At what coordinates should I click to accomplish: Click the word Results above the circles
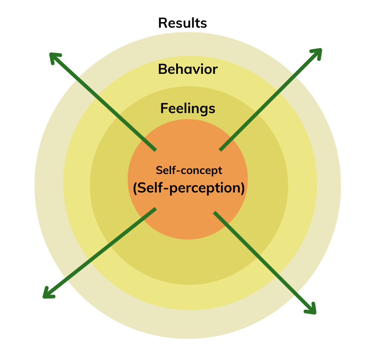pos(182,23)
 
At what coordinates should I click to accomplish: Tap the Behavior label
pos(188,69)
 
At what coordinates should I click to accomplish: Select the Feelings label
pos(188,108)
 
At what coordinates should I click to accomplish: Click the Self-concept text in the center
pos(189,170)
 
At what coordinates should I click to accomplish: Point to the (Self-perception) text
pos(188,188)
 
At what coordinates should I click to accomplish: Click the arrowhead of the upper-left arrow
pos(54,57)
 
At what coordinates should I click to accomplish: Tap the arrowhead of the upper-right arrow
pos(318,52)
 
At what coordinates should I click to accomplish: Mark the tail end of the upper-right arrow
pos(221,149)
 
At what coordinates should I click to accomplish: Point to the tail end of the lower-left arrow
pos(155,210)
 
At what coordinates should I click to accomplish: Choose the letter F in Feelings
pos(164,108)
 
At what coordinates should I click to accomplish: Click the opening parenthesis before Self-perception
pos(135,188)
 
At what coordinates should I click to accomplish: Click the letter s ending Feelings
pos(212,109)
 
